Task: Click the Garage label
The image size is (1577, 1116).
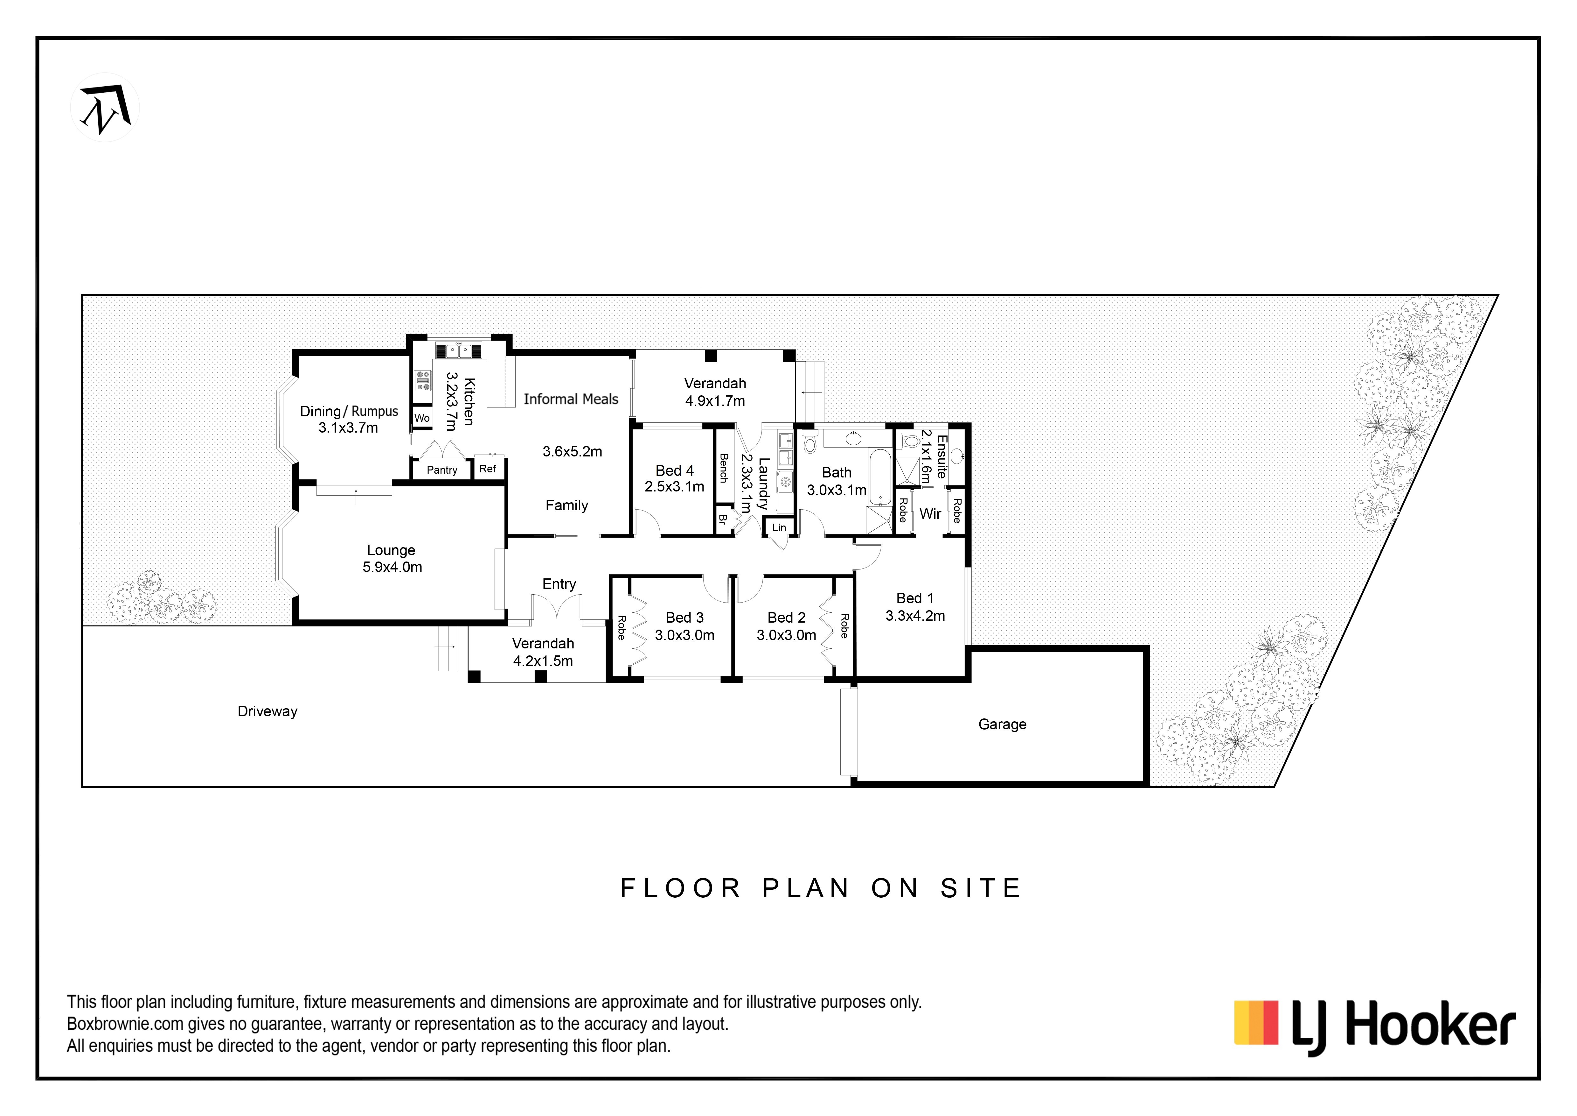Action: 1002,724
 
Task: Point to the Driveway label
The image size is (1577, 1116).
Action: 267,711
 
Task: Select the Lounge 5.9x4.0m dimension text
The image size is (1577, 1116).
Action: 392,567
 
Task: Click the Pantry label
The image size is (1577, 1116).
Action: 441,470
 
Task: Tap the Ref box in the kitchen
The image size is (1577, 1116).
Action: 488,469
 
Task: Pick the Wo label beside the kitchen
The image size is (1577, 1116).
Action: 422,418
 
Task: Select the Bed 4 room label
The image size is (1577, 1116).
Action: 675,471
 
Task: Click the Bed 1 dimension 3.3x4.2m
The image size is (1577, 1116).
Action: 915,616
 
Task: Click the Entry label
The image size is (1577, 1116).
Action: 559,584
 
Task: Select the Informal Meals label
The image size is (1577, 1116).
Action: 571,399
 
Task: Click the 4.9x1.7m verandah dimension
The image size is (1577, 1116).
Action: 715,401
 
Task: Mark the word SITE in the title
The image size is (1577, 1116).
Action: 981,888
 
